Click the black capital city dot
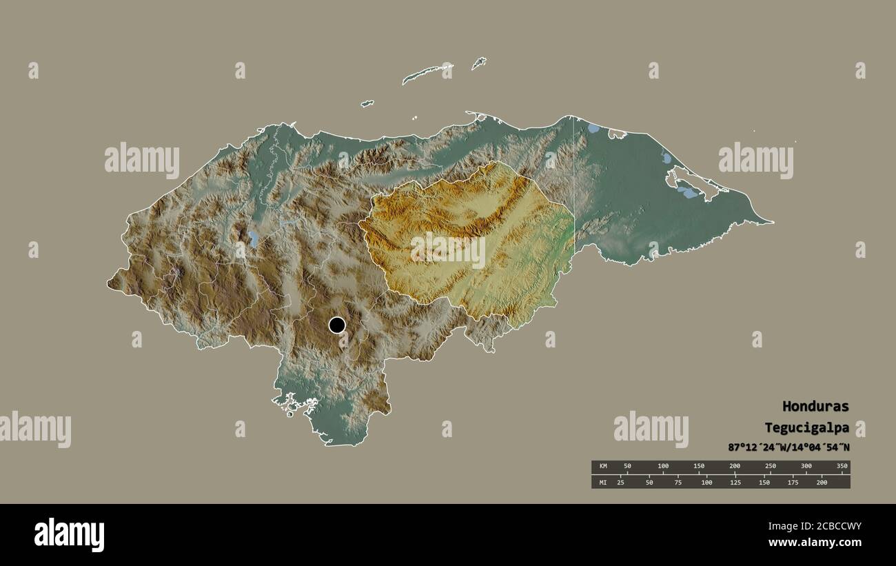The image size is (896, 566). click(336, 325)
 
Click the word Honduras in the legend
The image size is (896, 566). click(815, 406)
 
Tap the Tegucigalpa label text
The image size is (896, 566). click(806, 427)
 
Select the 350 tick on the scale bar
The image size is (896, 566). click(842, 467)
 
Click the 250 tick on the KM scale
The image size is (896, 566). click(770, 467)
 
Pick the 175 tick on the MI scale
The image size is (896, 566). click(793, 482)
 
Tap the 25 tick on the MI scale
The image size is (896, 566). click(620, 482)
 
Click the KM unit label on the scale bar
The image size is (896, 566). click(603, 467)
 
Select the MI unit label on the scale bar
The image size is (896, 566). click(603, 482)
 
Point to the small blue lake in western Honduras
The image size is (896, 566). click(253, 239)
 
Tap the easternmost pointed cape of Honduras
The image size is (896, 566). click(771, 223)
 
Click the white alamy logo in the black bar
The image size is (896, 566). click(70, 535)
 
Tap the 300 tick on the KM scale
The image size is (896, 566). click(806, 467)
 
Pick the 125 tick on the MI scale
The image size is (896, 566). click(735, 482)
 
